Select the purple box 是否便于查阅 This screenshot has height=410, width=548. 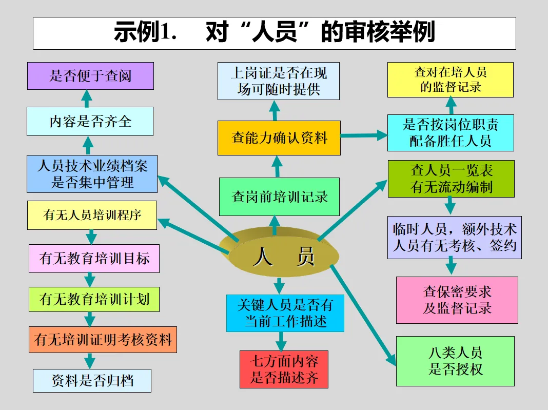coord(90,76)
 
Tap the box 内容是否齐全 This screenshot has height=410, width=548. coord(90,121)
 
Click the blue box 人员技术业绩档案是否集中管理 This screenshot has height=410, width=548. coord(92,174)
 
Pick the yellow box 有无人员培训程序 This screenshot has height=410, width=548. coord(92,215)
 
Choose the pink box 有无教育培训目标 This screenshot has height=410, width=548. coord(94,258)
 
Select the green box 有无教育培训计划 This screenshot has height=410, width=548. coord(94,299)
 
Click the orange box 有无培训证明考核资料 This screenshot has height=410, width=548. coord(103,339)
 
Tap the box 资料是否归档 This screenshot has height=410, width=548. coord(92,381)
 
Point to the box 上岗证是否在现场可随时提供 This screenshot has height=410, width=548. coord(279,81)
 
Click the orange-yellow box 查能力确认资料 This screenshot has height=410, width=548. coord(279,138)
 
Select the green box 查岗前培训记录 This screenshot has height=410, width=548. coord(279,197)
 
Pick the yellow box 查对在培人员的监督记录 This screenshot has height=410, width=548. coord(450,80)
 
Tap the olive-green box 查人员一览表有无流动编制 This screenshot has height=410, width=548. coord(451,179)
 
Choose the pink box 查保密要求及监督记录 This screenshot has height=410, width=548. coord(457,300)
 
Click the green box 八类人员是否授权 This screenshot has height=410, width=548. coord(455,361)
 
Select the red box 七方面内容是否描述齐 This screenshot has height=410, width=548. coord(283,369)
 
